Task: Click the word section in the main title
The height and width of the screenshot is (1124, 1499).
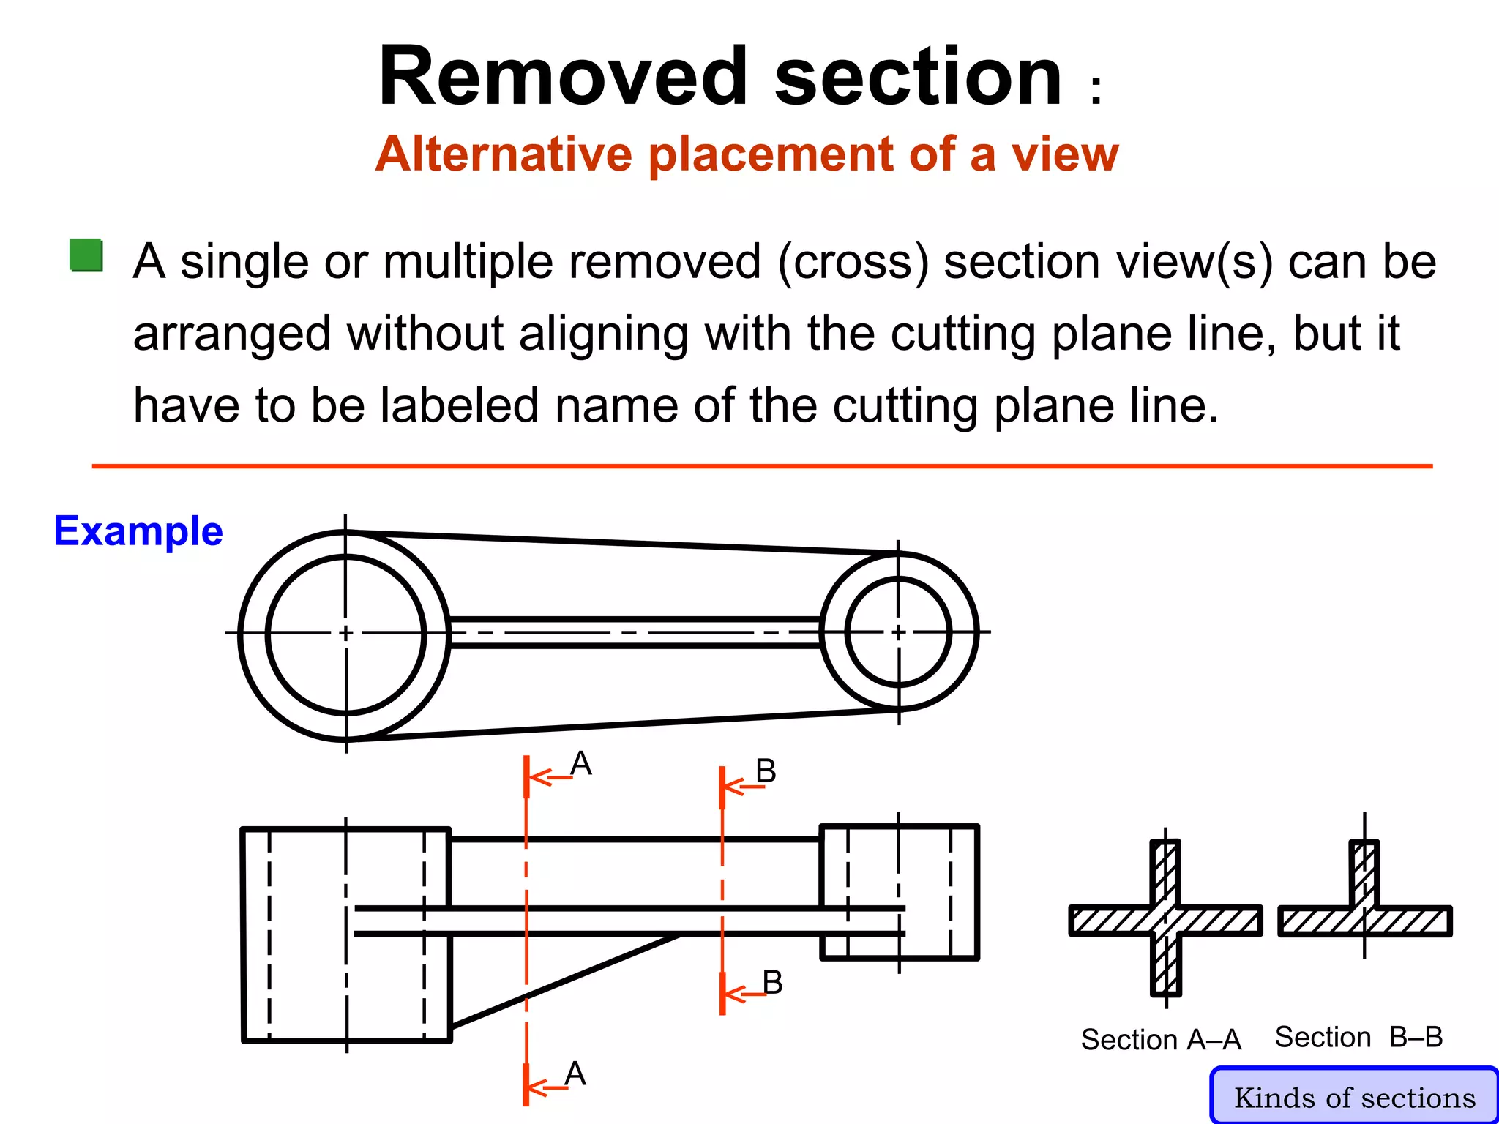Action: click(x=918, y=78)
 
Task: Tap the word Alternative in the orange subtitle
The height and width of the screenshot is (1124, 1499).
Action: click(x=503, y=154)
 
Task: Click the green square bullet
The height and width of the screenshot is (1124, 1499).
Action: click(x=86, y=255)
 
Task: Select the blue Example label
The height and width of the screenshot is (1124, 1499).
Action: click(x=138, y=531)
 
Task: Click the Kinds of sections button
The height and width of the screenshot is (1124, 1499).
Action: click(x=1354, y=1097)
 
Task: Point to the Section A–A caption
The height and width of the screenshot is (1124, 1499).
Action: click(x=1161, y=1039)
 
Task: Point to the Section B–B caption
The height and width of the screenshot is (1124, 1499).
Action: click(x=1358, y=1037)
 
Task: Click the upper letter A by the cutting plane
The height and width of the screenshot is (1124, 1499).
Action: click(x=581, y=764)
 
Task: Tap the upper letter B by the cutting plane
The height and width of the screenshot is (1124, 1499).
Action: click(x=766, y=771)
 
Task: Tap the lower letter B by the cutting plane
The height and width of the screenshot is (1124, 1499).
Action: click(x=772, y=983)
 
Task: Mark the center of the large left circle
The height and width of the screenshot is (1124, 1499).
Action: click(x=346, y=633)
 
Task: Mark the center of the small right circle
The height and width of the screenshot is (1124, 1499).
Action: click(x=899, y=632)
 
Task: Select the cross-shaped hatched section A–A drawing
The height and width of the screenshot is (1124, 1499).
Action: click(x=1165, y=920)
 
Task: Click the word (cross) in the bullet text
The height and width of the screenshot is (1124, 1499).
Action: click(x=853, y=262)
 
